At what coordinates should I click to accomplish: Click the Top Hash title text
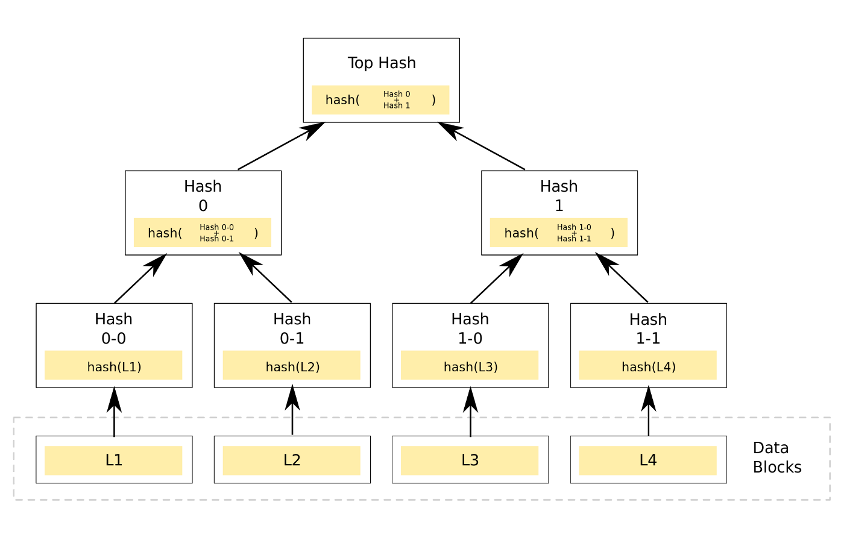[x=381, y=63]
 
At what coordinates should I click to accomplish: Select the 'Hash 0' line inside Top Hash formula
[x=396, y=94]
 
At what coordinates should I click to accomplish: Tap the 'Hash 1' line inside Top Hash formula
[x=396, y=105]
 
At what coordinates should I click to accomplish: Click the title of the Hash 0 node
[x=203, y=196]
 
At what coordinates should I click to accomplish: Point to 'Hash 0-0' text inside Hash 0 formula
[x=216, y=227]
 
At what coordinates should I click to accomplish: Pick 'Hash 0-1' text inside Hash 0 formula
[x=216, y=239]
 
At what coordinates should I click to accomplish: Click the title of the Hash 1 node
[x=559, y=196]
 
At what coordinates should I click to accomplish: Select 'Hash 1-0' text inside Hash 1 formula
[x=573, y=227]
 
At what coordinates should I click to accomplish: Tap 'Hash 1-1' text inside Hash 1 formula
[x=573, y=239]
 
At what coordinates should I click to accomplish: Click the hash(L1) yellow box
[x=113, y=365]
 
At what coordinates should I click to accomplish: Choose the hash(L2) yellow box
[x=292, y=365]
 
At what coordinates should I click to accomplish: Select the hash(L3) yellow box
[x=470, y=365]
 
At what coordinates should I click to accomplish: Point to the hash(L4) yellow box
[x=648, y=365]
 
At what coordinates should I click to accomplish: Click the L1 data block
[x=113, y=460]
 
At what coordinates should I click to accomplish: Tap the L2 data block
[x=292, y=460]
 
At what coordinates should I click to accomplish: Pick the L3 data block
[x=470, y=460]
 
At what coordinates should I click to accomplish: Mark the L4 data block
[x=648, y=460]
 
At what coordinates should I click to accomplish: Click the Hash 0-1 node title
[x=292, y=328]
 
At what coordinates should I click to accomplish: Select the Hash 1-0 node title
[x=470, y=328]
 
